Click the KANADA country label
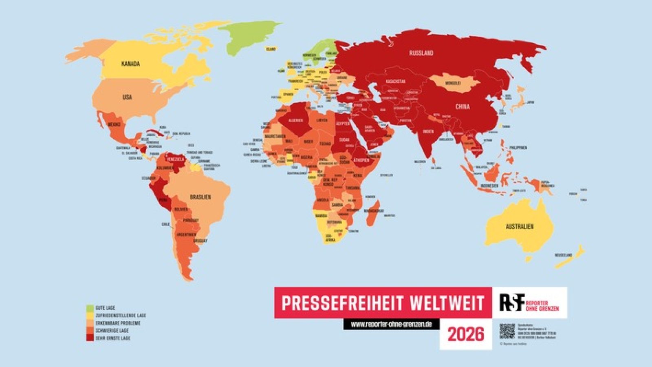pos(130,64)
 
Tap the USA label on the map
pos(127,97)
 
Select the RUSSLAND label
pos(421,53)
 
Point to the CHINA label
pos(463,107)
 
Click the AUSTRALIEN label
pos(520,226)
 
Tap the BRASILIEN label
pos(200,197)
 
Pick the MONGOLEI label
pos(453,83)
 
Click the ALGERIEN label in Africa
pos(295,121)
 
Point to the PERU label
pos(163,200)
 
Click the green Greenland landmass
pos(249,37)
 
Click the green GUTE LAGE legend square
pos(90,308)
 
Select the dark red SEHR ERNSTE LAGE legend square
pos(90,338)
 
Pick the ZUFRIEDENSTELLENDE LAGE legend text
pos(121,315)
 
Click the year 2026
pos(466,334)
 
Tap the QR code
pos(507,331)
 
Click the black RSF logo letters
pos(512,302)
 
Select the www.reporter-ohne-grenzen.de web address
pos(391,324)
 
